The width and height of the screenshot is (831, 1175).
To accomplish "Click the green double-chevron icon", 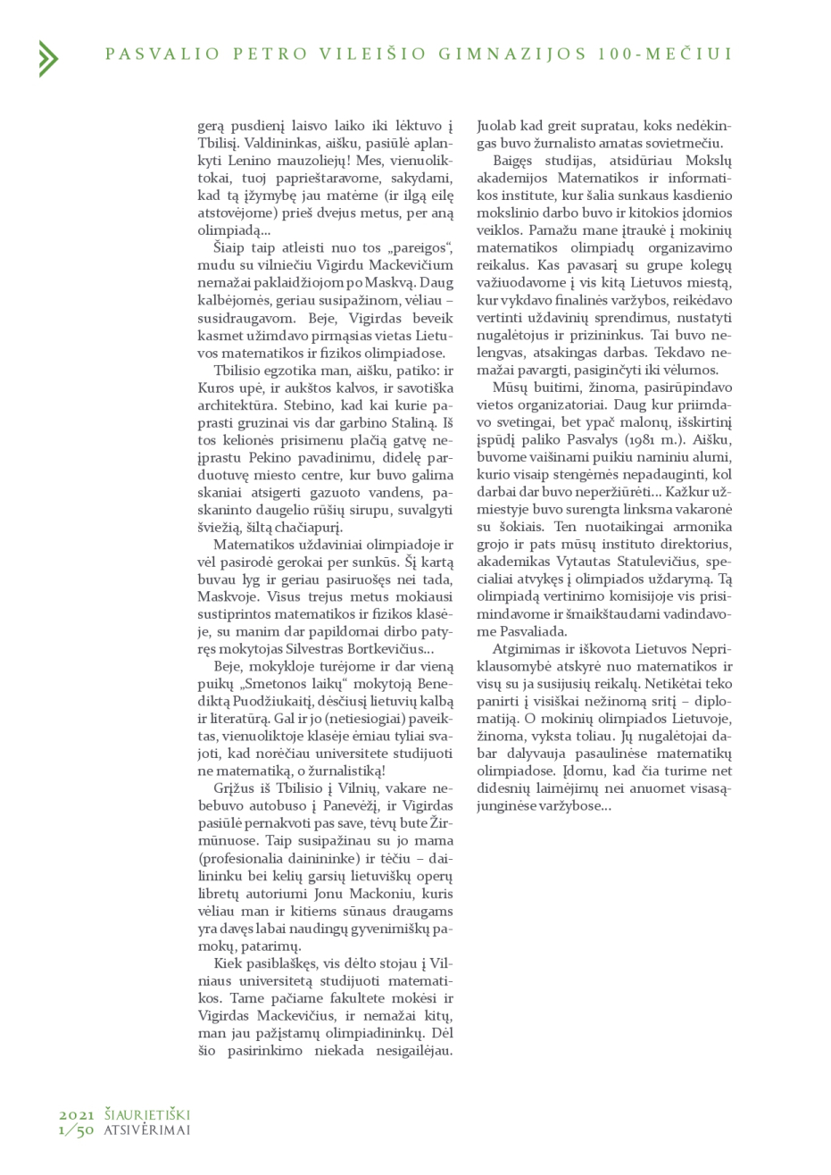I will [x=48, y=58].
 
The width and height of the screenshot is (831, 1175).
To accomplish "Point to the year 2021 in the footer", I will [x=77, y=1114].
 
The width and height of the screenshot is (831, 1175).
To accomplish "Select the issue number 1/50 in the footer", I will [x=77, y=1129].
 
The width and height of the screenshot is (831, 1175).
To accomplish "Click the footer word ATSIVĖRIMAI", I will [x=147, y=1129].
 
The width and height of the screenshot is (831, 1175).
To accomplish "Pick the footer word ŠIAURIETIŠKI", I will [x=147, y=1114].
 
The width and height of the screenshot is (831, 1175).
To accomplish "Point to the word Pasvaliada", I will [x=517, y=632].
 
